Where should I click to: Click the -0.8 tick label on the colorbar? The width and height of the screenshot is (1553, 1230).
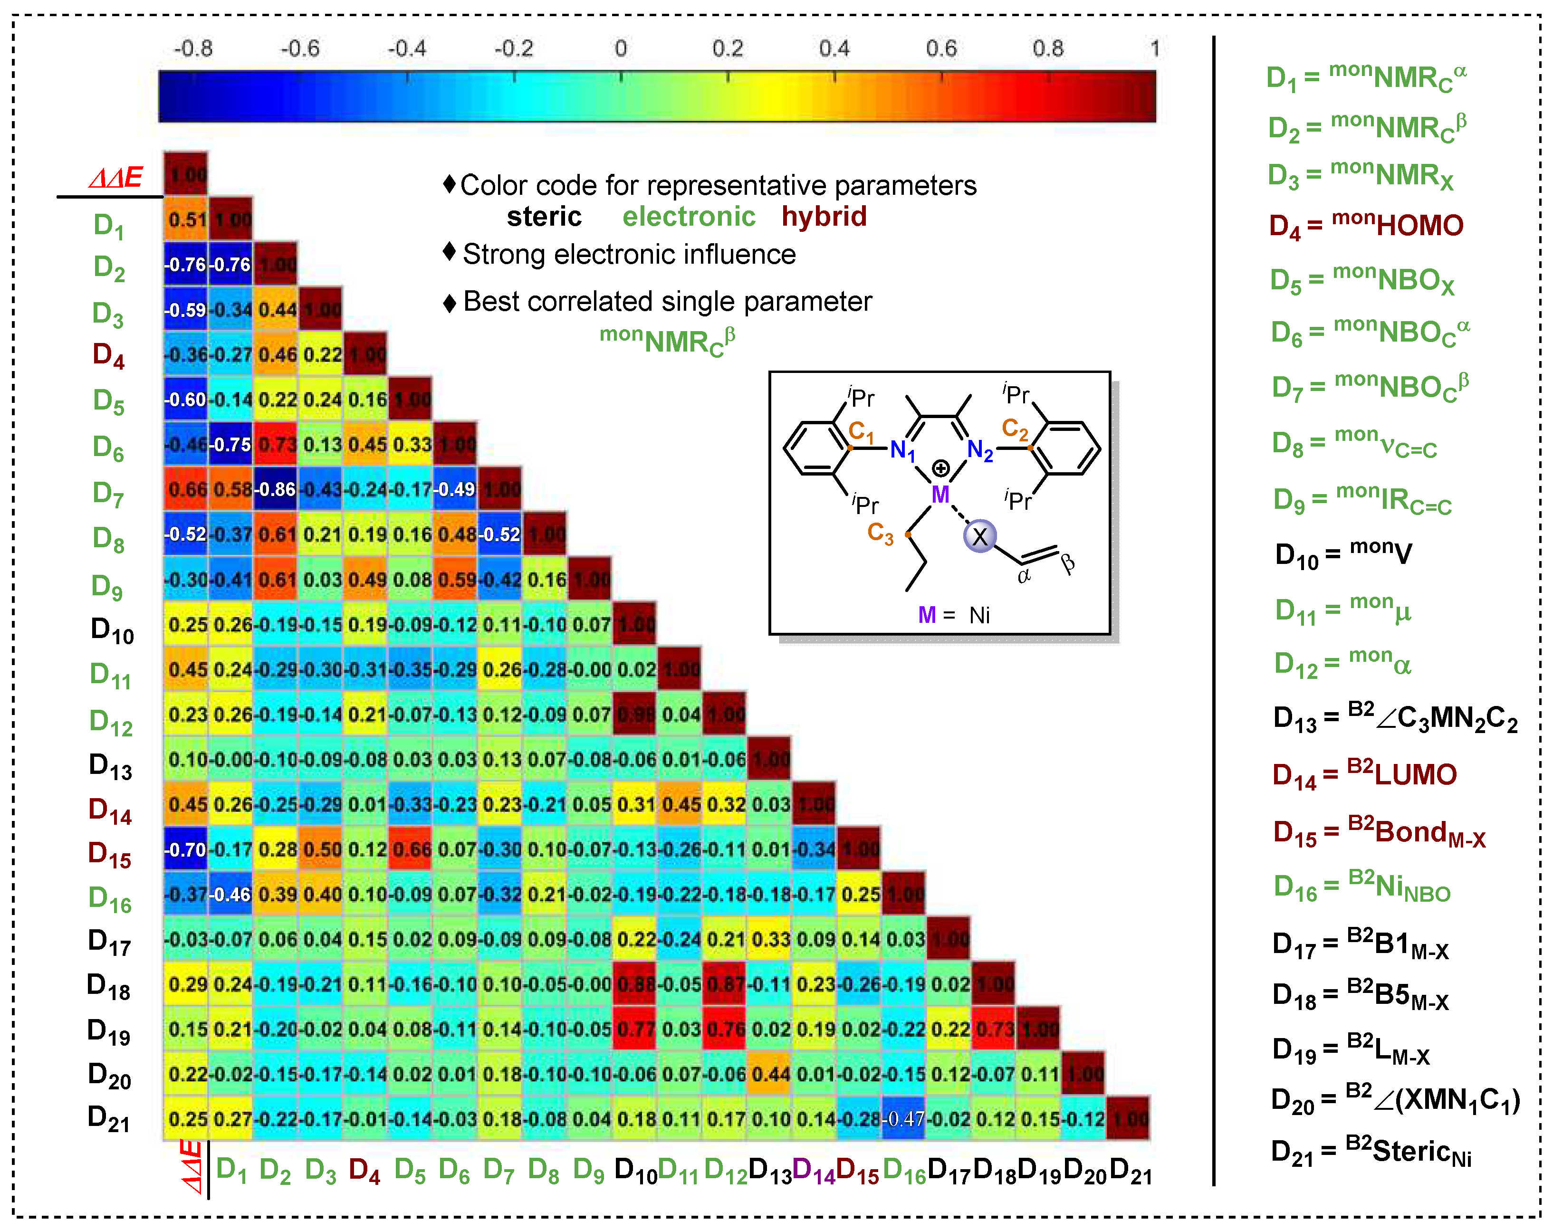[193, 48]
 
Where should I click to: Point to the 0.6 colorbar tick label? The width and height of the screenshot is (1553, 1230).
[941, 48]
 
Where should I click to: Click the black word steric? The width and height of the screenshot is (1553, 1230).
[544, 217]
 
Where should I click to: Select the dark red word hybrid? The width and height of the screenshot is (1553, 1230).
[824, 217]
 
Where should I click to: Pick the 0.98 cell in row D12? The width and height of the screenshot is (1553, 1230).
[634, 715]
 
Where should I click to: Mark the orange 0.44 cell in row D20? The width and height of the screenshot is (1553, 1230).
[769, 1075]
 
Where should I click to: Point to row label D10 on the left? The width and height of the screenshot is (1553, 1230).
[112, 630]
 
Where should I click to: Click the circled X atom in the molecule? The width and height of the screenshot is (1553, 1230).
[979, 536]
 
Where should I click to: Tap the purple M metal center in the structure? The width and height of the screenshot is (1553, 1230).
[940, 495]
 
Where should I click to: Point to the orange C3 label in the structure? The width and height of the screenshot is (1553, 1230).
[880, 533]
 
